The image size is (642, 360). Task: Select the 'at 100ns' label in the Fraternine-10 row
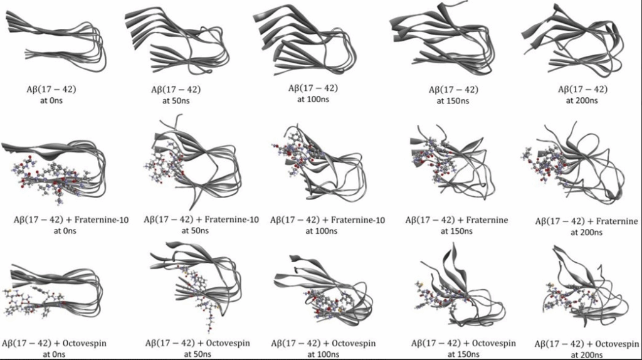click(x=322, y=231)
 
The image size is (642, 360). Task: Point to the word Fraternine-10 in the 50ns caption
click(x=232, y=220)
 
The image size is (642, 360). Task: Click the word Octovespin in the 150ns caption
click(x=495, y=343)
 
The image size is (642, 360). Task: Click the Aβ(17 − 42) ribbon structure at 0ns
click(x=56, y=45)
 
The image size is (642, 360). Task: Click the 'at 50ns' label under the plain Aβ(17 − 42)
click(x=176, y=100)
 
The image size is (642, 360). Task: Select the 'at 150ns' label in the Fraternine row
click(x=456, y=231)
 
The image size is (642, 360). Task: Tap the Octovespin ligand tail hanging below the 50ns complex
click(x=209, y=317)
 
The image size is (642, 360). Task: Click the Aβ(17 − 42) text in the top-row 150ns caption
click(x=453, y=89)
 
